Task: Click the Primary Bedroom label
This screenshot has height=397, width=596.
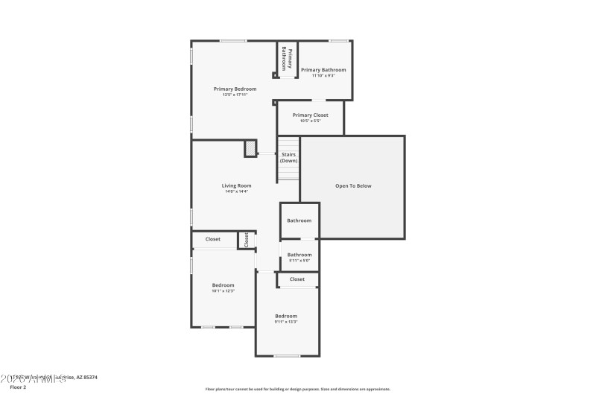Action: [235, 89]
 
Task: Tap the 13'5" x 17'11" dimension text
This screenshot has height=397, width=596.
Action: [235, 95]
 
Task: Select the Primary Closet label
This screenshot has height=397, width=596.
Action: [310, 115]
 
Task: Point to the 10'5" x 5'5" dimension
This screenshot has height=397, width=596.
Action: [310, 121]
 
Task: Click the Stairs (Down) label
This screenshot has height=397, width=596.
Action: [289, 158]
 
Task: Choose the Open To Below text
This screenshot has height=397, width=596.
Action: [353, 185]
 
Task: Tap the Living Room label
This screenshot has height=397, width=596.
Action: [236, 185]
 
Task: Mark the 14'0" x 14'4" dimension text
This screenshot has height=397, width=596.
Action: [236, 191]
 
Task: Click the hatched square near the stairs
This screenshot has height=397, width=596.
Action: [250, 149]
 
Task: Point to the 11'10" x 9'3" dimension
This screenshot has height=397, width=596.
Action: [323, 75]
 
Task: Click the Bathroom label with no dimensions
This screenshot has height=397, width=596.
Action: [299, 220]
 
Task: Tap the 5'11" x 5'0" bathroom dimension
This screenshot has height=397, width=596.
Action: [299, 261]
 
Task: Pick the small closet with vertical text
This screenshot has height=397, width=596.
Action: [246, 240]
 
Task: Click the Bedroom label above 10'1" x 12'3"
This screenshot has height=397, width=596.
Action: [223, 285]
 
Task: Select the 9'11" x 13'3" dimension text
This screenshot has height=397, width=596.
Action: [286, 322]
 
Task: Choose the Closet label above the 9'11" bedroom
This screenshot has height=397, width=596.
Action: [297, 279]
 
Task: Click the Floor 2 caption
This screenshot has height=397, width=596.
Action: [17, 387]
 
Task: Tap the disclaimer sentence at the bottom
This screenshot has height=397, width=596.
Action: [297, 389]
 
